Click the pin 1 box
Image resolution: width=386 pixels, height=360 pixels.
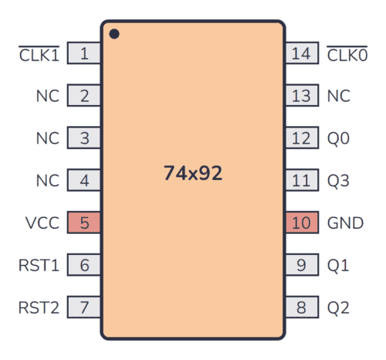84,54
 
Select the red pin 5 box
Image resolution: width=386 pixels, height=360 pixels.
84,223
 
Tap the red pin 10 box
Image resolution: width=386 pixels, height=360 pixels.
301,223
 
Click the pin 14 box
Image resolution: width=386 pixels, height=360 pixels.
301,54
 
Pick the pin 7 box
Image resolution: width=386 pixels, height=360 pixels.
84,307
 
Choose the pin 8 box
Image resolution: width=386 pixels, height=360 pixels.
301,307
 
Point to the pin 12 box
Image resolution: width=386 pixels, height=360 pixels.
301,139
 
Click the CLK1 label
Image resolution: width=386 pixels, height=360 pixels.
39,54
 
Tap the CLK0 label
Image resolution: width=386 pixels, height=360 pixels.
347,54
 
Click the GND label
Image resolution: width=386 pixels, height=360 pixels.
345,223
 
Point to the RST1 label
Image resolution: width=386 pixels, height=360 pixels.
38,266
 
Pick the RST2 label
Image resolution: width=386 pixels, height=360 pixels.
38,307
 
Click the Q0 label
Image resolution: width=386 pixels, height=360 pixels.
338,139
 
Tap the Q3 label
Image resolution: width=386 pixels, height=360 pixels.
338,182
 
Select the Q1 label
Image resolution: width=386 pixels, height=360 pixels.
338,266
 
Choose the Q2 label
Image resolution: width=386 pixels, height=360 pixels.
338,307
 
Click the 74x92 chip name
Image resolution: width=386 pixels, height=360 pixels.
193,174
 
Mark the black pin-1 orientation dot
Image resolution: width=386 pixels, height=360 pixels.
114,34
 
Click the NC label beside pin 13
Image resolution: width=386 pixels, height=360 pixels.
338,97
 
